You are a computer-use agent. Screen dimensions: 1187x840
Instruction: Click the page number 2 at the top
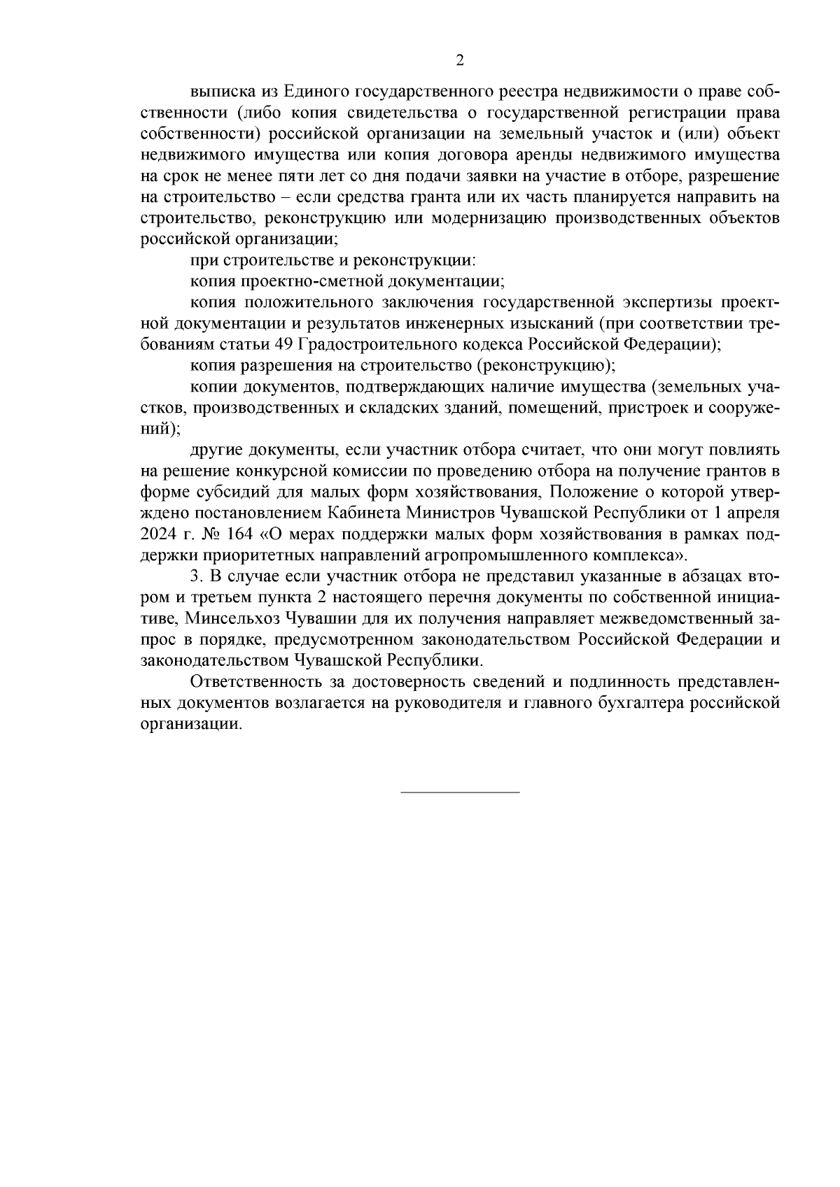coord(460,60)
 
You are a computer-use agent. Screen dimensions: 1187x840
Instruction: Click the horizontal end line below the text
coord(460,792)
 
